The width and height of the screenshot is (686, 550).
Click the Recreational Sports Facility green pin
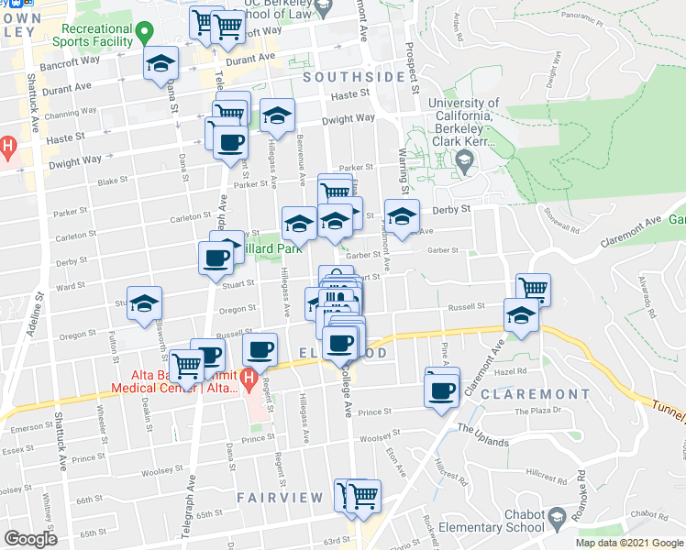(x=143, y=36)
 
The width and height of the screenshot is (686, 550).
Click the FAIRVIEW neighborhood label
(x=281, y=498)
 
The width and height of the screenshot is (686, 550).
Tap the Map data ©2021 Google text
(x=628, y=543)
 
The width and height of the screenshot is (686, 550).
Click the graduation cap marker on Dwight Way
(x=277, y=116)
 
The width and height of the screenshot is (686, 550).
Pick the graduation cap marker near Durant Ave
(x=161, y=65)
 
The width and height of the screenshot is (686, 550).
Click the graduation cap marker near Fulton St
(x=145, y=307)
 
